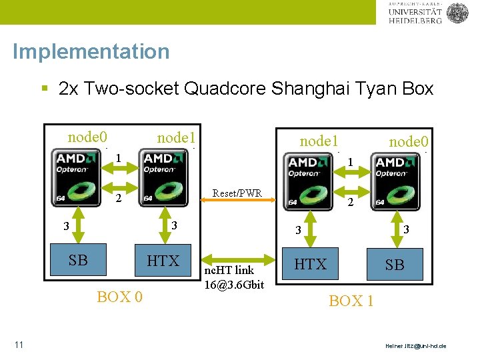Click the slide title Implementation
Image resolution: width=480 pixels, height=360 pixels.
(x=91, y=51)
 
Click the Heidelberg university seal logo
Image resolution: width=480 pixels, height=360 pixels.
(x=457, y=13)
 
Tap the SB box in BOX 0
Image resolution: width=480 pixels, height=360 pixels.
(x=79, y=261)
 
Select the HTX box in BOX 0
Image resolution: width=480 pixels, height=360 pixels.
(x=163, y=261)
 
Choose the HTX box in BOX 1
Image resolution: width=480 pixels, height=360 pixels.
(x=311, y=265)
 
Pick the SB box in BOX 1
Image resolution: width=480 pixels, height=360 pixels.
(x=395, y=265)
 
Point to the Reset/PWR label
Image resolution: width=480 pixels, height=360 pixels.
(x=237, y=193)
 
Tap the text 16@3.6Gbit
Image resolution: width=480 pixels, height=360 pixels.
(x=234, y=285)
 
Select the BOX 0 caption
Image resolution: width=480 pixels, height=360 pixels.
(x=119, y=297)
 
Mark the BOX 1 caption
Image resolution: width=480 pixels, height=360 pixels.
(x=351, y=301)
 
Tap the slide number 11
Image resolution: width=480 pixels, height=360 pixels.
(x=19, y=345)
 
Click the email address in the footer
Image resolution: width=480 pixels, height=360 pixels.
(x=416, y=346)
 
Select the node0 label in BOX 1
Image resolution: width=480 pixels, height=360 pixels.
(x=408, y=141)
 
